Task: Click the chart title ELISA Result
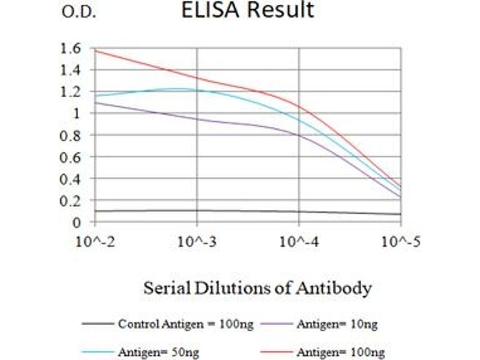tap(248, 10)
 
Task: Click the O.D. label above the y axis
tap(79, 13)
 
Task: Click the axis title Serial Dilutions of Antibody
tap(257, 288)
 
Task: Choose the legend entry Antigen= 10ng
tap(336, 325)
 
